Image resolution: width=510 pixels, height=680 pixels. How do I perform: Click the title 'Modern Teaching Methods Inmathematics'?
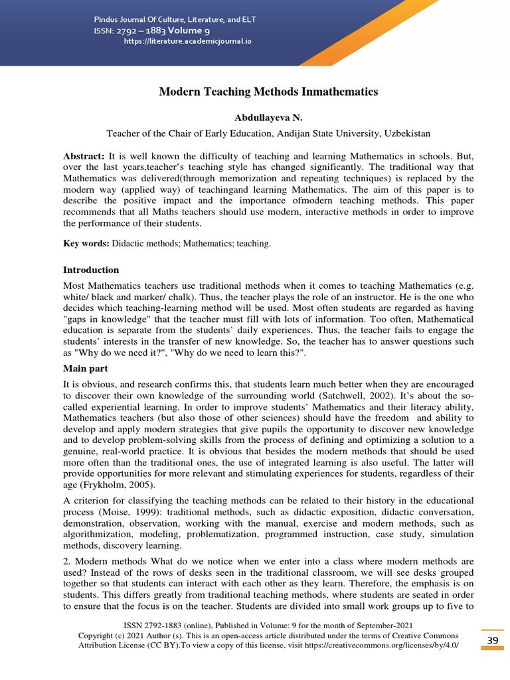(268, 92)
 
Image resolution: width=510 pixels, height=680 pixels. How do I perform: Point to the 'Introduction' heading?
(91, 270)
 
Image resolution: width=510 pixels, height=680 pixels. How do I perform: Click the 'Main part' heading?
(86, 368)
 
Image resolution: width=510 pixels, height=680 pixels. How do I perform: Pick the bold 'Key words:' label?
(86, 244)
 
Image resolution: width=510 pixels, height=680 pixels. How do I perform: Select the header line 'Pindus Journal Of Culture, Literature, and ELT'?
(175, 19)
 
